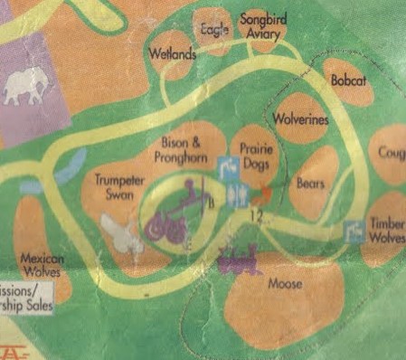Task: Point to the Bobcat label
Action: (347, 81)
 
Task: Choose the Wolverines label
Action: (300, 119)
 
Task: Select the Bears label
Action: (311, 183)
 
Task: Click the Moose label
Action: (285, 285)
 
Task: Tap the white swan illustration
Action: (120, 233)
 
